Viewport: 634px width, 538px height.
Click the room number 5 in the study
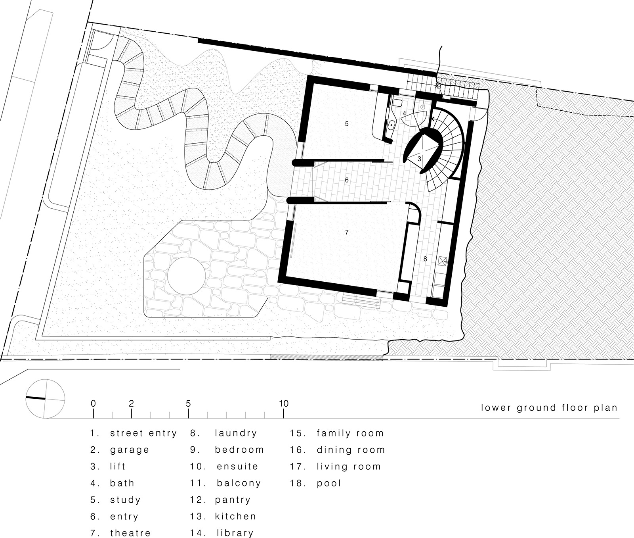point(347,124)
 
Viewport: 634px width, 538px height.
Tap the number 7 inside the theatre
point(347,232)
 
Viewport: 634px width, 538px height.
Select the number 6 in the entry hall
point(347,180)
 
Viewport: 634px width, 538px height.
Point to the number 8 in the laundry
point(425,259)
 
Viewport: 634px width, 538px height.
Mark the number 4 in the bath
point(404,113)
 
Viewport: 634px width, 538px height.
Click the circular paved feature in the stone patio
point(186,275)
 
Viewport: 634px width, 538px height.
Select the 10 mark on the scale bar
point(283,404)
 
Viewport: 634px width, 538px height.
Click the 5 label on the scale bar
point(188,404)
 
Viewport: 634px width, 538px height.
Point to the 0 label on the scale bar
point(93,404)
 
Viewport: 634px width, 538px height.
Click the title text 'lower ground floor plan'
point(549,407)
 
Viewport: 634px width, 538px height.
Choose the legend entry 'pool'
point(329,483)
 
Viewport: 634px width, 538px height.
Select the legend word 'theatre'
point(130,533)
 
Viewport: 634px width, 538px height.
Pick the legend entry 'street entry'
point(143,433)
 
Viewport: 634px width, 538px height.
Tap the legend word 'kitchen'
point(235,516)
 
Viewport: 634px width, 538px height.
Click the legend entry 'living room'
point(348,467)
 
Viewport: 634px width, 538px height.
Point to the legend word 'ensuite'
point(237,467)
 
